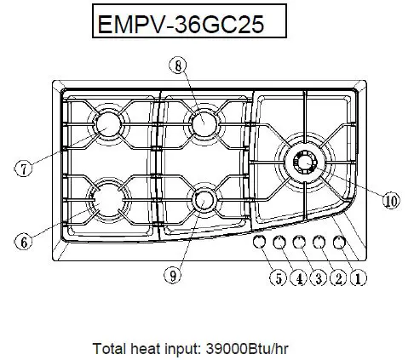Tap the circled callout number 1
(x=358, y=276)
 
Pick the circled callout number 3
(x=317, y=276)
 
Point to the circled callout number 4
(x=296, y=276)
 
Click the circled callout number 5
(x=277, y=276)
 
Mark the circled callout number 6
(x=24, y=241)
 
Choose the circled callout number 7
(x=24, y=168)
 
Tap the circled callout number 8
(x=177, y=64)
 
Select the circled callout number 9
(x=173, y=275)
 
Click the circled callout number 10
(x=390, y=201)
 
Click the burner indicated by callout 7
(x=109, y=125)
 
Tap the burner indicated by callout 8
(x=204, y=124)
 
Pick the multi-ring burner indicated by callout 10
(x=304, y=161)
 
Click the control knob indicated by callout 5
(x=261, y=243)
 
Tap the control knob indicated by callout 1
(x=340, y=243)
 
